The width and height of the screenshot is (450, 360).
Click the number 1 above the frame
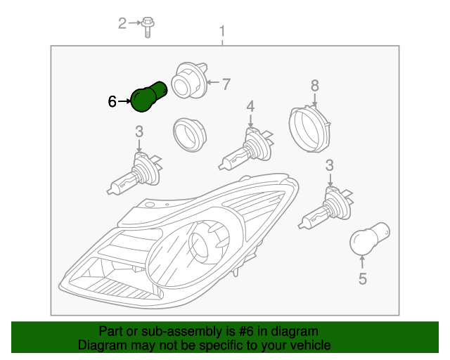(x=223, y=31)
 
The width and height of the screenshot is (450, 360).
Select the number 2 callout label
(x=122, y=24)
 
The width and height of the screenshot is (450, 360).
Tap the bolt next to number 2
(x=148, y=25)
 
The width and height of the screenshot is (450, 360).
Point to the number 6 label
(x=112, y=101)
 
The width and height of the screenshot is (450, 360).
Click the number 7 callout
(x=226, y=84)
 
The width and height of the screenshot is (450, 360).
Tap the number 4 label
(x=250, y=106)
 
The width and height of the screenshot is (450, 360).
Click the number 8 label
(x=315, y=86)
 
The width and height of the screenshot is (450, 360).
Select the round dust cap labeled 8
(x=309, y=128)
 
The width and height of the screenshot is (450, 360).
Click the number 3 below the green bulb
(x=139, y=131)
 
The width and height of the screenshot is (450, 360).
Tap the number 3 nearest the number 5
(x=329, y=166)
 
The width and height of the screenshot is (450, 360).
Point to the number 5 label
(x=362, y=279)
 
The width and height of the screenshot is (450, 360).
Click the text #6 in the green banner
(x=252, y=331)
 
